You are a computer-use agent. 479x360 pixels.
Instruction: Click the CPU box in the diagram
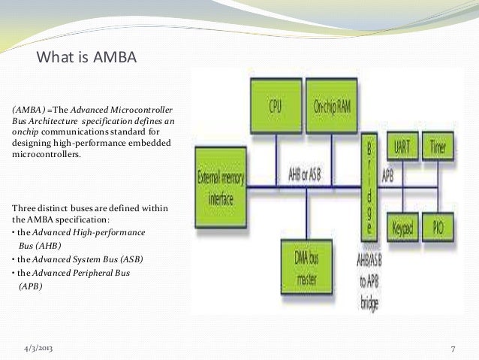(x=275, y=105)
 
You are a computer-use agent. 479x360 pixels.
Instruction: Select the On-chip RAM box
(x=330, y=105)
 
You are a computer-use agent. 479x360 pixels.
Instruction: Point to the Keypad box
(x=403, y=225)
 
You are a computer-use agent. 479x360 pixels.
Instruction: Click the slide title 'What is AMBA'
(x=87, y=58)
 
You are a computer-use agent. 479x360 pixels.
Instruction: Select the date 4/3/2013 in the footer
(x=38, y=349)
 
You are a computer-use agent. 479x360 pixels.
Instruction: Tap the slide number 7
(x=453, y=349)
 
